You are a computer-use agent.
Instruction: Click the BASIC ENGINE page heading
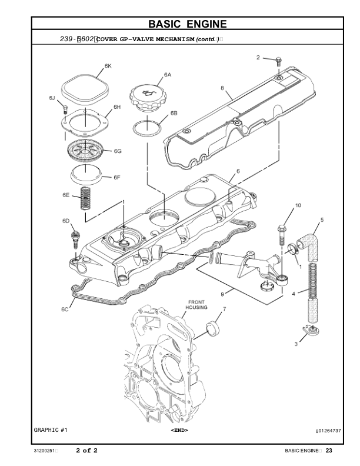click(187, 24)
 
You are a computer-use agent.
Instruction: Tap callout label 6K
click(108, 66)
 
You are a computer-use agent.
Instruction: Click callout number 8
click(222, 88)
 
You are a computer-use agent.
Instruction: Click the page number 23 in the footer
click(329, 451)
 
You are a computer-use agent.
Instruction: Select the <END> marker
click(179, 431)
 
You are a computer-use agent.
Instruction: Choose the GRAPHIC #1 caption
click(51, 431)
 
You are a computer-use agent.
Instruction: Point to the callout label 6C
click(65, 309)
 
